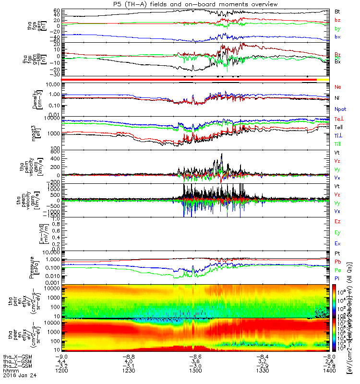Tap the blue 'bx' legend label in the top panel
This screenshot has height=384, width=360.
337,37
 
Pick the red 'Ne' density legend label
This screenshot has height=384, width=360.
338,87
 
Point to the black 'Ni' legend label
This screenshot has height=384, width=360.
337,98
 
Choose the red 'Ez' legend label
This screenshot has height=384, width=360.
337,221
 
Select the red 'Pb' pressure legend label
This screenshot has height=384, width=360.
337,262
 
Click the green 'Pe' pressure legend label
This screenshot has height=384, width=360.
337,270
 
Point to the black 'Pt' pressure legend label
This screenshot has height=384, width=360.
337,253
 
